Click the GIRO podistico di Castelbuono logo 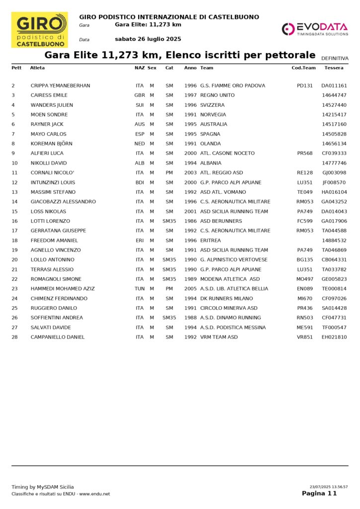(39, 30)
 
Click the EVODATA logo (315, 29)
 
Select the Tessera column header (334, 68)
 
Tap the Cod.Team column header (303, 68)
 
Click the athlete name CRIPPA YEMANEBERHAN (60, 85)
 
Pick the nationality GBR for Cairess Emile (140, 95)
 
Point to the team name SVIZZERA (212, 105)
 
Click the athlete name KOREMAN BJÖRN (52, 144)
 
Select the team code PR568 (304, 153)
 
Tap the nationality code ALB (140, 163)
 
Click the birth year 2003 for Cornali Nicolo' (190, 172)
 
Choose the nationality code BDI (140, 182)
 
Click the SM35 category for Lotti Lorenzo (170, 221)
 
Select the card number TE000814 (334, 289)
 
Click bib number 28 (14, 337)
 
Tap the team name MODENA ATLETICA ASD (230, 279)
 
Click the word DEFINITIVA (335, 58)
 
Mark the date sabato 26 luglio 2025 (148, 39)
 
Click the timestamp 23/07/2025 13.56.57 (329, 487)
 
